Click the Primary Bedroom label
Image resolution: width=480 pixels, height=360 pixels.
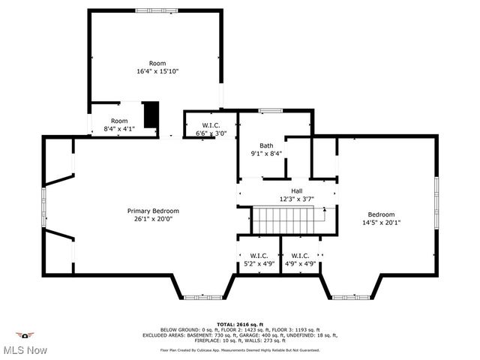153,211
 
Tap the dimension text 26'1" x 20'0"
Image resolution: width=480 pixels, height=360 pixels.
153,220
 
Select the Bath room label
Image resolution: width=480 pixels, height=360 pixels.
266,145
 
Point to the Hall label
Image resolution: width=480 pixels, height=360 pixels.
297,190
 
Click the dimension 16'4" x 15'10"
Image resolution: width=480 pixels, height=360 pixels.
157,71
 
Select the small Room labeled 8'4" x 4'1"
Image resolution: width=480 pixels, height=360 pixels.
119,124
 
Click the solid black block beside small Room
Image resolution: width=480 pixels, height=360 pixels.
151,114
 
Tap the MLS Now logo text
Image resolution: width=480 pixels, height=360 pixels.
24,350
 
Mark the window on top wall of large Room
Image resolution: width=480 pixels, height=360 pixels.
147,10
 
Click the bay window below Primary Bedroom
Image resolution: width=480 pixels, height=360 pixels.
202,298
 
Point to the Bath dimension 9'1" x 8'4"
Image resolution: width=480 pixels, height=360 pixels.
266,154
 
